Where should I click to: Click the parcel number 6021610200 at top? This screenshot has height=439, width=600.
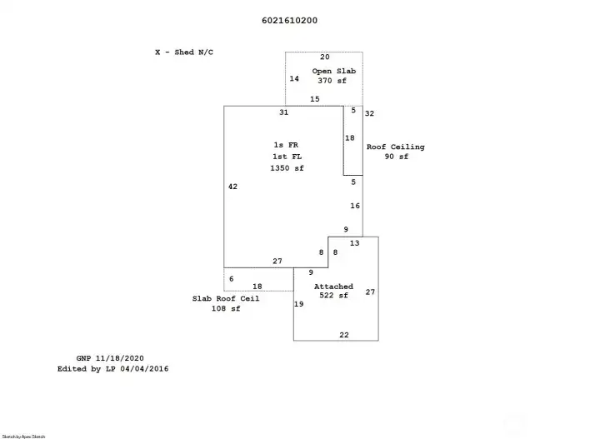coord(283,21)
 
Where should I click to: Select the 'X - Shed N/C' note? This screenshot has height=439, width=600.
coord(184,52)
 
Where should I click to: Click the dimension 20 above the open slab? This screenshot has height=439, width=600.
coord(325,57)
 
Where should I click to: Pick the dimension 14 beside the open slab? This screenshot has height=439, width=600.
coord(294,78)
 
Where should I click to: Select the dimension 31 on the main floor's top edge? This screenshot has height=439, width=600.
coord(283,112)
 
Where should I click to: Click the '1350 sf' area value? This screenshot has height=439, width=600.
coord(287,168)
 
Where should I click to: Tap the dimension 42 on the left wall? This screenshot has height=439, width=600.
coord(232,187)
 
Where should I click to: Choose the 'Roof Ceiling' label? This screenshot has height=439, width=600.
coord(396,147)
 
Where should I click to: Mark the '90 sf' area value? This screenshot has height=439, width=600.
coord(397,157)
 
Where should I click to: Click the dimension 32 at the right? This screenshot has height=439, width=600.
coord(370,113)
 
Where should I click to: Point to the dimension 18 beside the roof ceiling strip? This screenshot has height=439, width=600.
coord(350,138)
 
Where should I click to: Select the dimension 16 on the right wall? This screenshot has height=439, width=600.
coord(355,206)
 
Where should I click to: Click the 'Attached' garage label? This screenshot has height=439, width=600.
coord(333,287)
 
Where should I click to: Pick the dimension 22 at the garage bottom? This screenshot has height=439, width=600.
coord(344,334)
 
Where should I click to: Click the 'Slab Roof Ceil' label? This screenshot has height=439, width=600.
coord(226,298)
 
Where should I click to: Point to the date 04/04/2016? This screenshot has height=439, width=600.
coord(147,367)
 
